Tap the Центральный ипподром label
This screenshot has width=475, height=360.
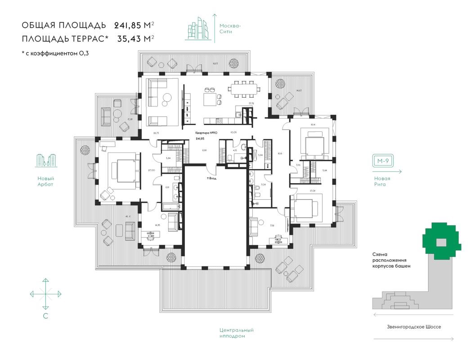[x=237, y=333]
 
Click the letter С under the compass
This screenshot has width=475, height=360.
[x=45, y=316]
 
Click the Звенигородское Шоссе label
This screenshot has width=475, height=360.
[x=413, y=327]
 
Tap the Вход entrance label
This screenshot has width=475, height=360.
[x=211, y=178]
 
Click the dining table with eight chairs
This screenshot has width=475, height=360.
[x=243, y=88]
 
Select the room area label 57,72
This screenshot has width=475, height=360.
[x=246, y=103]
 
